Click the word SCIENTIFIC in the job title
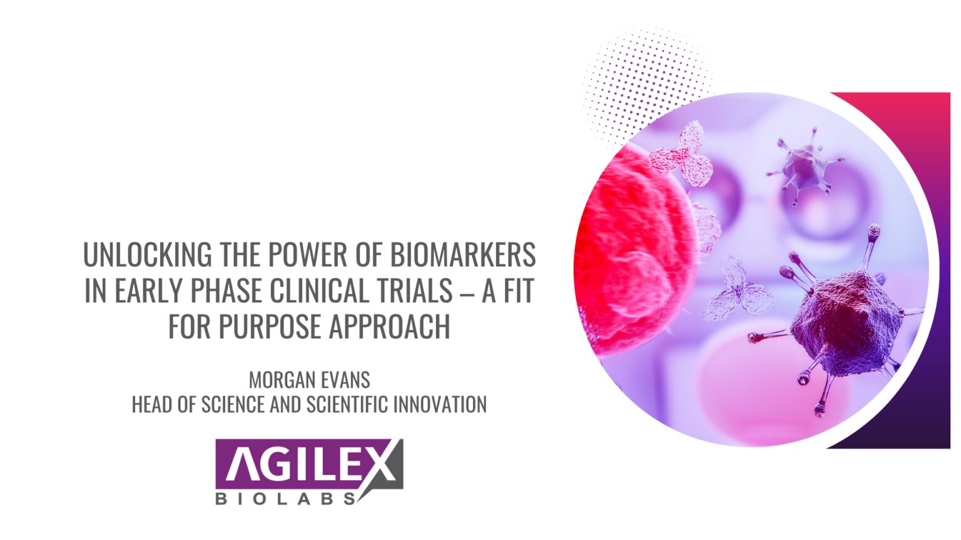(347, 405)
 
